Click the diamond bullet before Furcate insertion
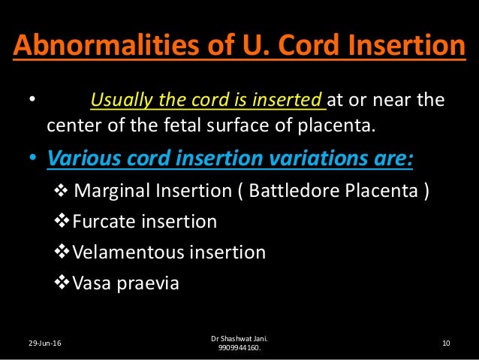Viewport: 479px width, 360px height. pos(64,221)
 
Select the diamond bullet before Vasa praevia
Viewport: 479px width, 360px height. pos(64,284)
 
